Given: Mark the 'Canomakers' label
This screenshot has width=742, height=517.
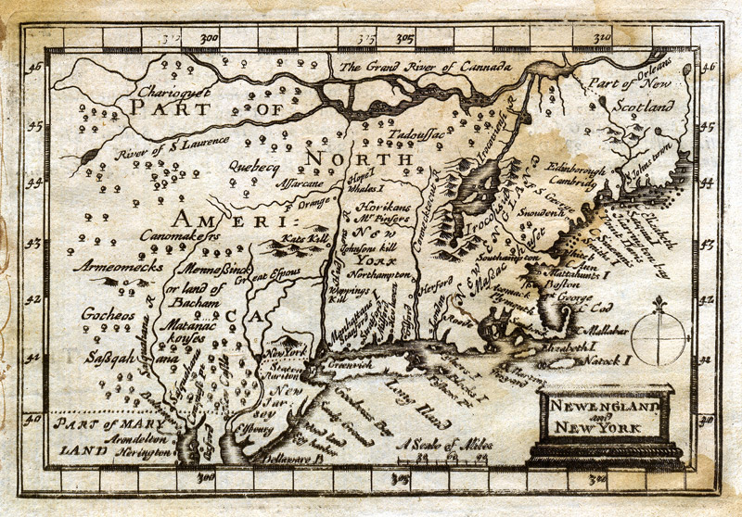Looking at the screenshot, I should pos(184,239).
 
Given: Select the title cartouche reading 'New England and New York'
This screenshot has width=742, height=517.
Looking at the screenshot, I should pos(604,417).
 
